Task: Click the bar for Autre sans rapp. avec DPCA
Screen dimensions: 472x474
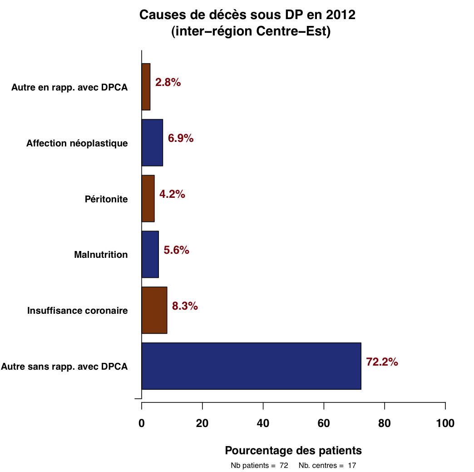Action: point(251,366)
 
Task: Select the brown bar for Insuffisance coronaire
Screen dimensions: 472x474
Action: point(154,310)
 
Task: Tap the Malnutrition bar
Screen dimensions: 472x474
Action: point(150,254)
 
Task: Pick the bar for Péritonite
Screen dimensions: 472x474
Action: point(148,198)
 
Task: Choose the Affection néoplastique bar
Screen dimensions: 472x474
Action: point(152,142)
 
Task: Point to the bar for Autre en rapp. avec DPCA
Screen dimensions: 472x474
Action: point(146,86)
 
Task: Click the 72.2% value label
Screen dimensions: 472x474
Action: point(382,362)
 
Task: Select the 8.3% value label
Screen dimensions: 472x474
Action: point(185,306)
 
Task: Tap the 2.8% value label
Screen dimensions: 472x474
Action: point(168,82)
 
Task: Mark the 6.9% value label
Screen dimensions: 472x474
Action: point(181,138)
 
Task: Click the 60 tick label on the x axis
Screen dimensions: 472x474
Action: point(324,423)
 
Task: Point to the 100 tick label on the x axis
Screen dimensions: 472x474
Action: point(445,423)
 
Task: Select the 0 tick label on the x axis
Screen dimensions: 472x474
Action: point(142,423)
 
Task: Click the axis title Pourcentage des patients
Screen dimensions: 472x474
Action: point(293,451)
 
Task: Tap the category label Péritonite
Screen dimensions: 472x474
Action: point(106,199)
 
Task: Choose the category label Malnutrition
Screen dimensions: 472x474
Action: point(101,255)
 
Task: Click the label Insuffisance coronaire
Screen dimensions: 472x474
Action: point(77,311)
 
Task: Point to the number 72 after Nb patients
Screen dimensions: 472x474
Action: point(284,466)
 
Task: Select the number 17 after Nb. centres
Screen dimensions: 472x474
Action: point(351,466)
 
